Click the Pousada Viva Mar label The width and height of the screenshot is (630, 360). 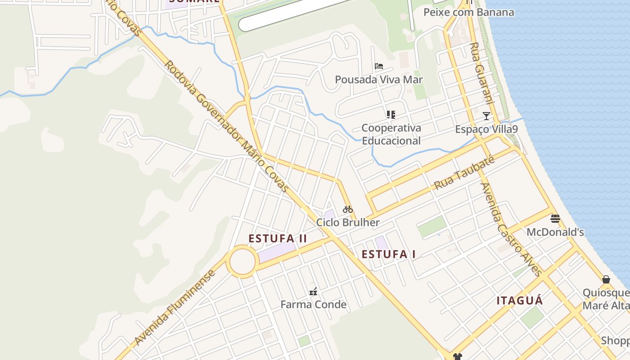point(378,80)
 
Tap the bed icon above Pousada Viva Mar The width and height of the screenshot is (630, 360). point(379,67)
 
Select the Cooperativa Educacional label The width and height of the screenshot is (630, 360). point(391,134)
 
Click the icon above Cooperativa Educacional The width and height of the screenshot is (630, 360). point(391,115)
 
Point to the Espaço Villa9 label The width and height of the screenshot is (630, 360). point(486,129)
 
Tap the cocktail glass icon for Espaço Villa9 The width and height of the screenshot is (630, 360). point(486,116)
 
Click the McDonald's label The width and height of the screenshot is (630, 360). point(555,232)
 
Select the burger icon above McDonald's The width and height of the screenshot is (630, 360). point(555,219)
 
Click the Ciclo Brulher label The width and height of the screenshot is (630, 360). point(348,222)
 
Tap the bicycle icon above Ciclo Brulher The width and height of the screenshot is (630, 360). point(348,209)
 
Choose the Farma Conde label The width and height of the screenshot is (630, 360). point(313,305)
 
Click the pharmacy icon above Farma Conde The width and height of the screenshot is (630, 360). point(313,292)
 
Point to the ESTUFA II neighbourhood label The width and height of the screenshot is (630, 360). point(278,238)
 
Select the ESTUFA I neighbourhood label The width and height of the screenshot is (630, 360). point(389,254)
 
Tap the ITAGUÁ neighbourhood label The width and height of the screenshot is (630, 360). point(520,301)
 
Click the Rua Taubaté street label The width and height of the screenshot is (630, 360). point(464,173)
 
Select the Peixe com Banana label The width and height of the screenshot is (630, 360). point(468,12)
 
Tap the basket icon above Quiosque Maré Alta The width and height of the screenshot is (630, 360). point(606,279)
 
